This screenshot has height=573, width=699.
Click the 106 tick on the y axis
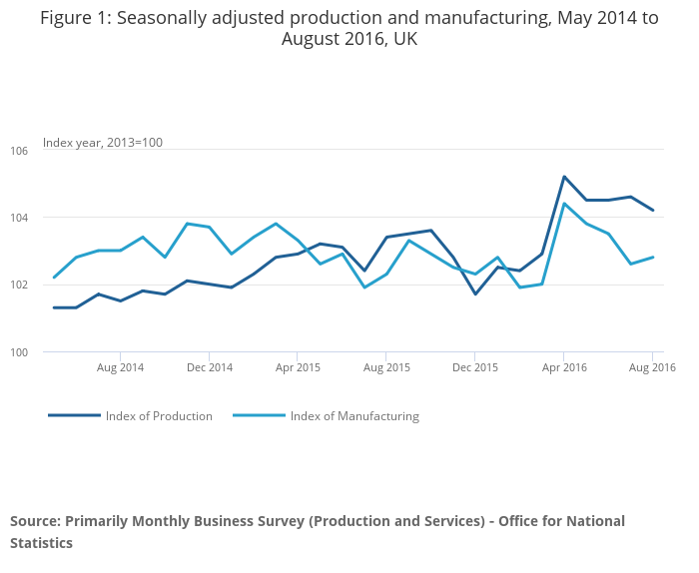(21, 151)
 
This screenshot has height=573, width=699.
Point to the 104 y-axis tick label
(21, 218)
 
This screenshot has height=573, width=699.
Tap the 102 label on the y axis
(21, 285)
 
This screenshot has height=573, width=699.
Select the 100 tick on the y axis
(21, 352)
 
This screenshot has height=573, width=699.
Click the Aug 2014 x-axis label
(120, 367)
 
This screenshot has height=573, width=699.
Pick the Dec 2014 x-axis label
(209, 367)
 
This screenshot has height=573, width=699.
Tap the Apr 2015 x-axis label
(297, 367)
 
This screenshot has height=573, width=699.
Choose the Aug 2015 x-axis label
(386, 367)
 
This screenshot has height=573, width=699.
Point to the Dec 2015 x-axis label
(474, 367)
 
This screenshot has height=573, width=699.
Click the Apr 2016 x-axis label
(563, 367)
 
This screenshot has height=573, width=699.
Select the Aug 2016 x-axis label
(652, 367)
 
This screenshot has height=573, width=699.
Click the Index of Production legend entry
(159, 416)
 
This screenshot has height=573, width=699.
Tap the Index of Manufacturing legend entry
(354, 416)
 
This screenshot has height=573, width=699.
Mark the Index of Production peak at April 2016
(564, 177)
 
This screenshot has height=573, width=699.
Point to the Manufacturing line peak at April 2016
(564, 204)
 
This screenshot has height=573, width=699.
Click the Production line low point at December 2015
(475, 293)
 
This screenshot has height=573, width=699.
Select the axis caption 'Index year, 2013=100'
(103, 143)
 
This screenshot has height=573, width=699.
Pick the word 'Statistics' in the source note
(42, 543)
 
